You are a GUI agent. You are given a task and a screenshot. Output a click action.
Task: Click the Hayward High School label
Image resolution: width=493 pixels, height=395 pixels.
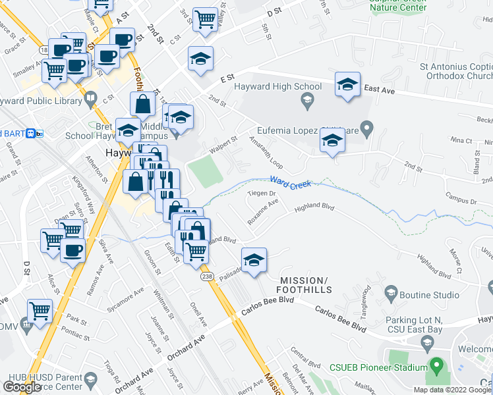[280, 86]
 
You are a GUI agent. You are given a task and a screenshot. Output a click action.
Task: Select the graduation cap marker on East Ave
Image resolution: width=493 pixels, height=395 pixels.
[347, 84]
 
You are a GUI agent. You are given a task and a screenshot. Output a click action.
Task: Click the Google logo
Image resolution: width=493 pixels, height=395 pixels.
[22, 386]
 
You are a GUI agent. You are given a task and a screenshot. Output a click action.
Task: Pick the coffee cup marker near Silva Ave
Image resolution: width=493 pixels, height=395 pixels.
[72, 250]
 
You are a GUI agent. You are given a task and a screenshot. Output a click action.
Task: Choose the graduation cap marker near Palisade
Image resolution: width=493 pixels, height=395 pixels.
[253, 259]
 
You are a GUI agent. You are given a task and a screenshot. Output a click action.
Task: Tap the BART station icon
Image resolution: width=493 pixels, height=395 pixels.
[40, 134]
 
